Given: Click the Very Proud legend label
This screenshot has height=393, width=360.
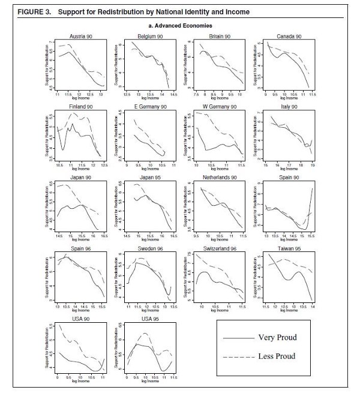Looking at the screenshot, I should pyautogui.click(x=277, y=337).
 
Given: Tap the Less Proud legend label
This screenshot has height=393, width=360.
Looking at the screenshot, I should pyautogui.click(x=277, y=356).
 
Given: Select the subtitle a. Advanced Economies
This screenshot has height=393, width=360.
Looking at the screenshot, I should pyautogui.click(x=181, y=26).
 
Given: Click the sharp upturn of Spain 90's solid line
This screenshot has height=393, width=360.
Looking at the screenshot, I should pyautogui.click(x=311, y=198).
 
